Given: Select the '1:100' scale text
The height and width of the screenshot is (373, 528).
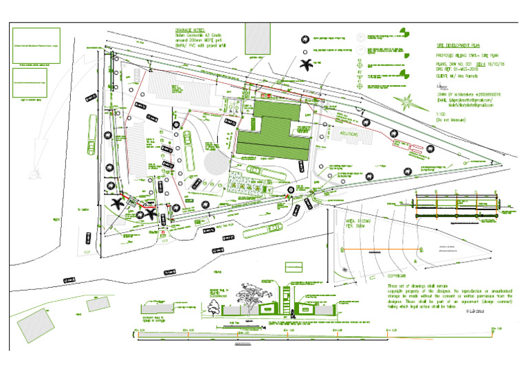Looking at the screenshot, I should point(441,113).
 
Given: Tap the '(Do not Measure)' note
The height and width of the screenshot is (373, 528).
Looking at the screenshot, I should point(451,120).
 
